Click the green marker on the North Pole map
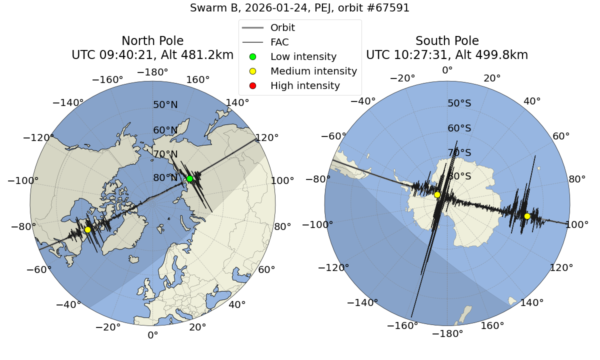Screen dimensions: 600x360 click(189, 178)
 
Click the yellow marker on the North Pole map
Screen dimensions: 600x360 click(87, 229)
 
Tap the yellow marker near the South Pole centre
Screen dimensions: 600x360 click(437, 194)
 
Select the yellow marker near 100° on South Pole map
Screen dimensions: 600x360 click(527, 216)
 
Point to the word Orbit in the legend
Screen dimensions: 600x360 click(282, 27)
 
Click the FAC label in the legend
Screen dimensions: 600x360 click(279, 42)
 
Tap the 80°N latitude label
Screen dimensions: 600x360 click(165, 178)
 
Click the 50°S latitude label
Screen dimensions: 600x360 click(459, 103)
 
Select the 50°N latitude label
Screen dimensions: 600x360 click(165, 105)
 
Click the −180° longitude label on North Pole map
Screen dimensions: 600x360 click(152, 72)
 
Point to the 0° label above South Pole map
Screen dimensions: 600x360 click(447, 70)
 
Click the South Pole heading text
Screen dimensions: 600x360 click(447, 41)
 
